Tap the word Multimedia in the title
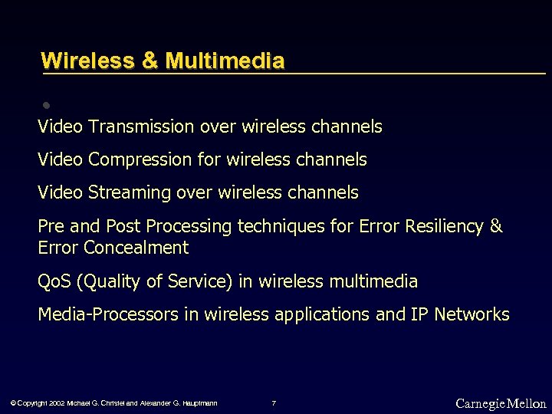click(225, 61)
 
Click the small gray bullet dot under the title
click(46, 104)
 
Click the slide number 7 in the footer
click(274, 403)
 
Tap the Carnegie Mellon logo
click(501, 403)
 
